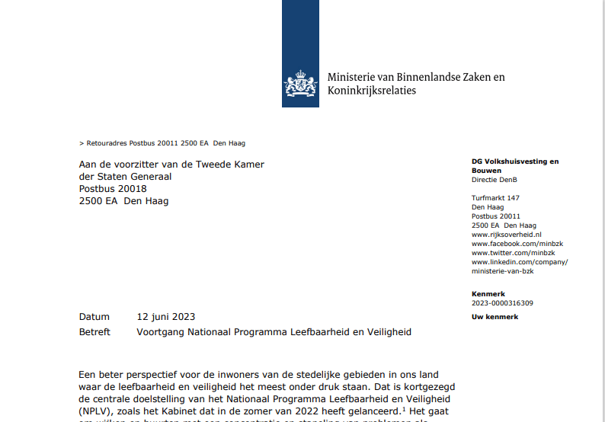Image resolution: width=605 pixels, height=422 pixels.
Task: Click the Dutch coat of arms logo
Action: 301,84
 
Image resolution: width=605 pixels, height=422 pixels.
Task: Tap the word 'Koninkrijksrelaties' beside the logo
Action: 372,91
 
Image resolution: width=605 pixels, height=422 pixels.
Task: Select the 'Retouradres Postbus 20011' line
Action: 162,142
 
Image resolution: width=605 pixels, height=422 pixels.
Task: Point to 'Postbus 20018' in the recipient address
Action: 113,189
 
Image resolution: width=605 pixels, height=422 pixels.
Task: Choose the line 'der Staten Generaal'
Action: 125,177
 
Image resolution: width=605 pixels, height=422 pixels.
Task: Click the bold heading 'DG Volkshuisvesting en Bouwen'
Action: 515,165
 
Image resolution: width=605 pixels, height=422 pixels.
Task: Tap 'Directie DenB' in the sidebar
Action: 495,180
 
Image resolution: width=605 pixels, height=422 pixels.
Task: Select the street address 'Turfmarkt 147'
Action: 495,198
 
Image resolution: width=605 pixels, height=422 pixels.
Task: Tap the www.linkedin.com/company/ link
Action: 520,262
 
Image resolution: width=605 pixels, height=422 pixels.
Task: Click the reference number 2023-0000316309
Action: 502,303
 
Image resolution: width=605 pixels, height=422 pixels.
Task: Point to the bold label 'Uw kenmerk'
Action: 495,317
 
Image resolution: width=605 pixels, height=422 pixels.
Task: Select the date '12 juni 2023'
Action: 165,317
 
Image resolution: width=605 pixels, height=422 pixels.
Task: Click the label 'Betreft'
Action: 94,332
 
